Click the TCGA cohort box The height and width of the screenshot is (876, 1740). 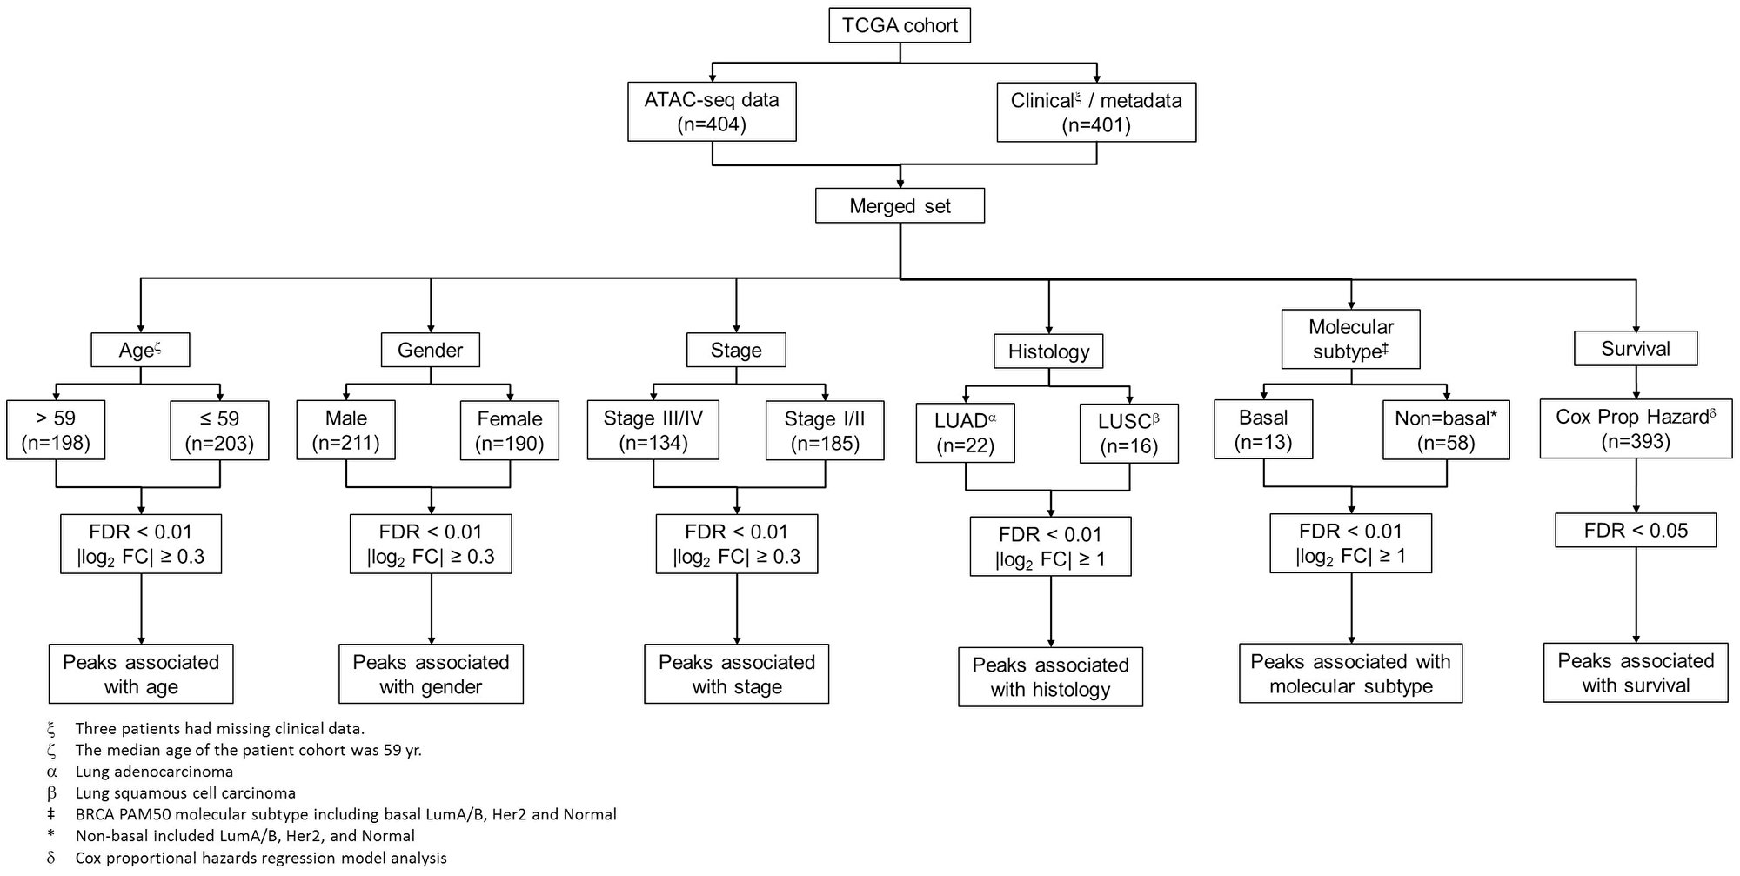[x=900, y=25]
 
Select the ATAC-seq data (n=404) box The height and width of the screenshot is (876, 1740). [x=712, y=112]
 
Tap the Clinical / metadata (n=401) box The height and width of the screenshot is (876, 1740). [x=1096, y=112]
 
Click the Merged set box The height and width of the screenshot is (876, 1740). [x=900, y=206]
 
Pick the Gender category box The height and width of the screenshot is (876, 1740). [x=430, y=350]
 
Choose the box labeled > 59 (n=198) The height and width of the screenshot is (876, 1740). [x=56, y=431]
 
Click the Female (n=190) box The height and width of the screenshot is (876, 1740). [x=510, y=431]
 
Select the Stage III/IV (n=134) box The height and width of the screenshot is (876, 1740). [x=653, y=431]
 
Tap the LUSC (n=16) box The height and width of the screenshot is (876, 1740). [x=1128, y=433]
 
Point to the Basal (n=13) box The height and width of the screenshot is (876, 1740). [x=1263, y=430]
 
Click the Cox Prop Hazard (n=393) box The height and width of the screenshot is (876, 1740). [x=1636, y=429]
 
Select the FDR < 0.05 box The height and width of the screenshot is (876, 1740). [x=1636, y=531]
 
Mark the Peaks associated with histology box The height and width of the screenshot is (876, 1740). [x=1050, y=677]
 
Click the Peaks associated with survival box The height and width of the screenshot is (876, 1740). [x=1636, y=673]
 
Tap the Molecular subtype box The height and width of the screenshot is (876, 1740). [x=1350, y=339]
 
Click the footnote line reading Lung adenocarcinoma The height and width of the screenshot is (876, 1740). [x=154, y=772]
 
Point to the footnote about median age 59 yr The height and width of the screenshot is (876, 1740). [x=248, y=750]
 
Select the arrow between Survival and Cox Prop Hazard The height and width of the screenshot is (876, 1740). [x=1636, y=382]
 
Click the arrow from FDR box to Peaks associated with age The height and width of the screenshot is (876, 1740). [x=141, y=608]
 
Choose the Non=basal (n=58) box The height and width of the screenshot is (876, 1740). [x=1446, y=430]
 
